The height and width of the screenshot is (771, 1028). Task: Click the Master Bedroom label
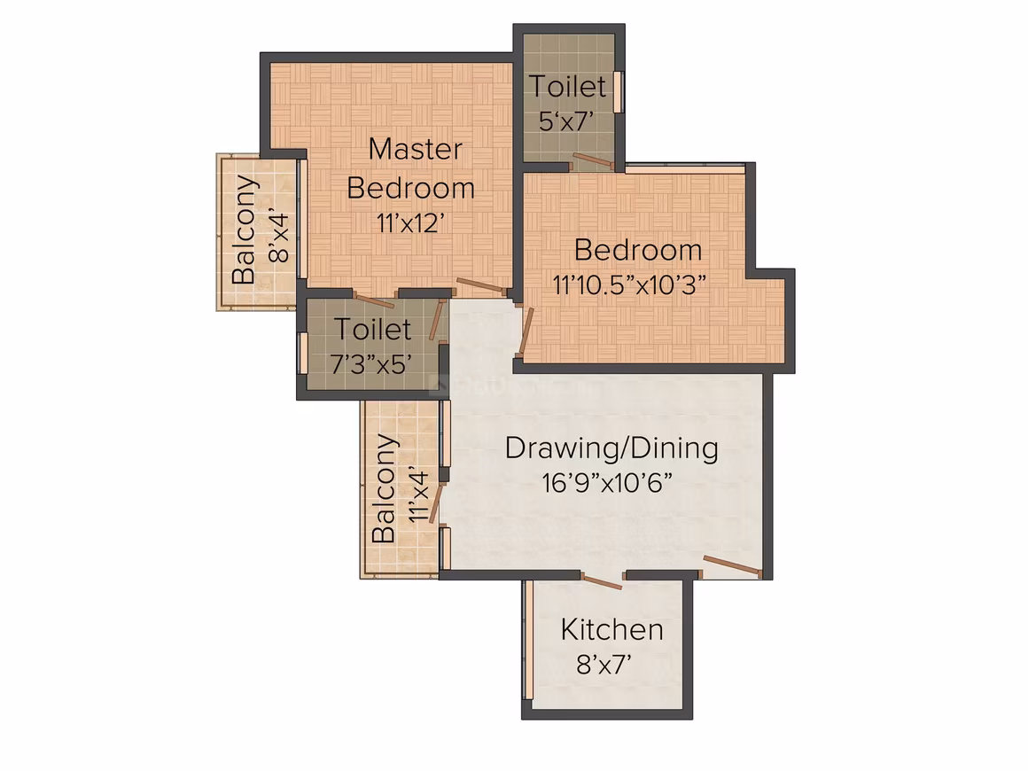(x=411, y=168)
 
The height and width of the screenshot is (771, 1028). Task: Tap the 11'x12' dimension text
(x=411, y=223)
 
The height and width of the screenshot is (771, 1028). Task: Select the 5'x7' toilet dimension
(x=567, y=121)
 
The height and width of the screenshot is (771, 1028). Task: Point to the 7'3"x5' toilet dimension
(x=371, y=364)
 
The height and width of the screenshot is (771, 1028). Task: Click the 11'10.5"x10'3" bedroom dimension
(x=629, y=285)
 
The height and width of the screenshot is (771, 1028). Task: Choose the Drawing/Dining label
(x=611, y=448)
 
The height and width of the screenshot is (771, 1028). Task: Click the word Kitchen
(x=611, y=629)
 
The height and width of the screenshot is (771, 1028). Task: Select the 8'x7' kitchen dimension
(x=604, y=665)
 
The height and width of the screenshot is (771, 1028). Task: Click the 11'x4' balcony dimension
(x=418, y=495)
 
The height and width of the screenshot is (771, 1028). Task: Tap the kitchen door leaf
(x=602, y=581)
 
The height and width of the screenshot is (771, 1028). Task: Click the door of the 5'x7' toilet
(x=592, y=160)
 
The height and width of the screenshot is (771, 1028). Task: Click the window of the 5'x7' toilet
(x=617, y=92)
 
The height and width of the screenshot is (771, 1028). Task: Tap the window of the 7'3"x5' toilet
(x=303, y=354)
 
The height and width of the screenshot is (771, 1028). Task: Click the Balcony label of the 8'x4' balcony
(x=245, y=229)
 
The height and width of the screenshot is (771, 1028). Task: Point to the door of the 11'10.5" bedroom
(x=526, y=331)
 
